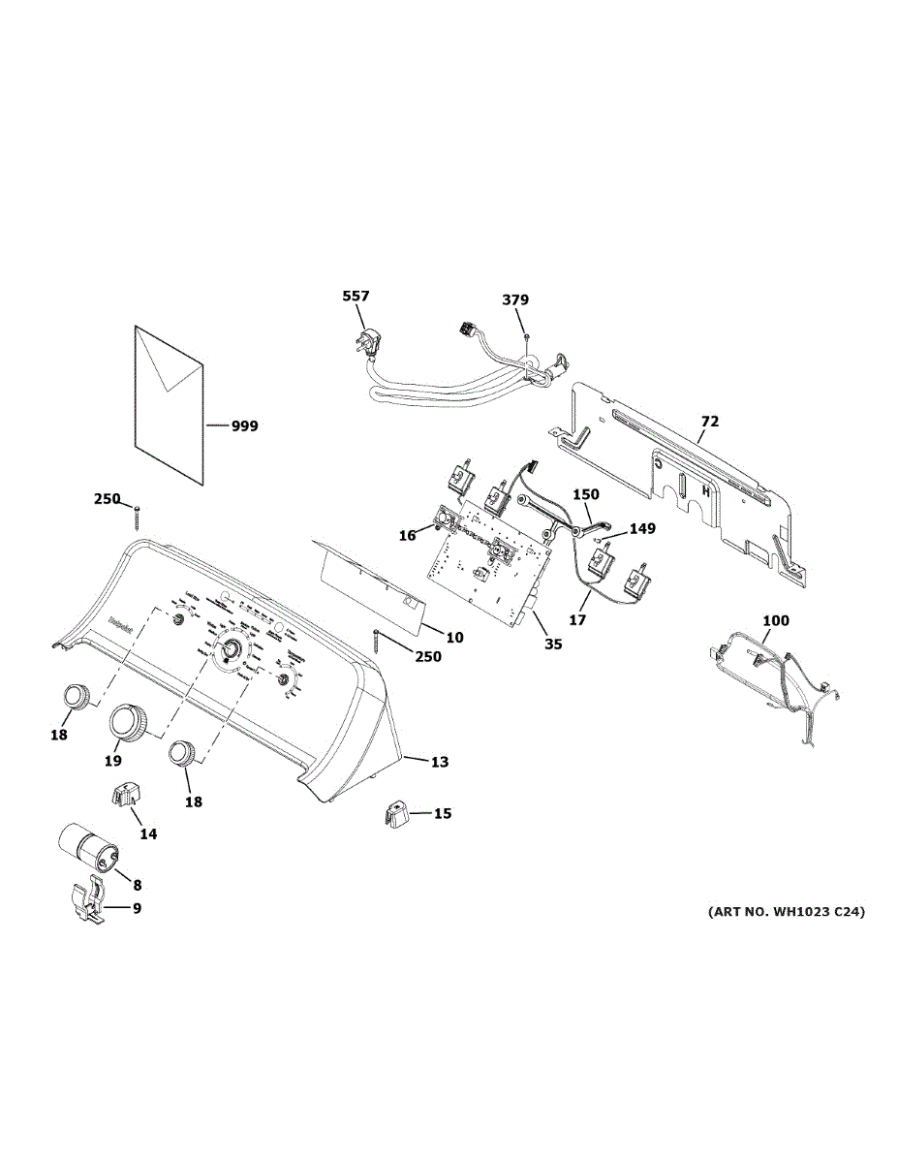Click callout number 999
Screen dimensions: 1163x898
pos(244,425)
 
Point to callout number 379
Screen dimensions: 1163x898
pos(515,300)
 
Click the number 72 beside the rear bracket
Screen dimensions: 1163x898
pos(710,422)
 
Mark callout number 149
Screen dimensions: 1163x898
pos(641,529)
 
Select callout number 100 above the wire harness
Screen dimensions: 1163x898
pos(776,620)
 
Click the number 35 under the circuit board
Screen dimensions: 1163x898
pos(552,644)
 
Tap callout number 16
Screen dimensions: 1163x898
pos(408,535)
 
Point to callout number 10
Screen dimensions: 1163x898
pos(454,637)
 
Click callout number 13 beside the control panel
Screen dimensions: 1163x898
pos(439,762)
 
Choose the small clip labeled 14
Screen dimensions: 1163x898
pos(124,793)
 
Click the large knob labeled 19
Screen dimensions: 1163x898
pos(129,722)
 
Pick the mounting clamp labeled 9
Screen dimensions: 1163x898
pos(89,900)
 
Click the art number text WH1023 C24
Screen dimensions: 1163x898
pos(786,912)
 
